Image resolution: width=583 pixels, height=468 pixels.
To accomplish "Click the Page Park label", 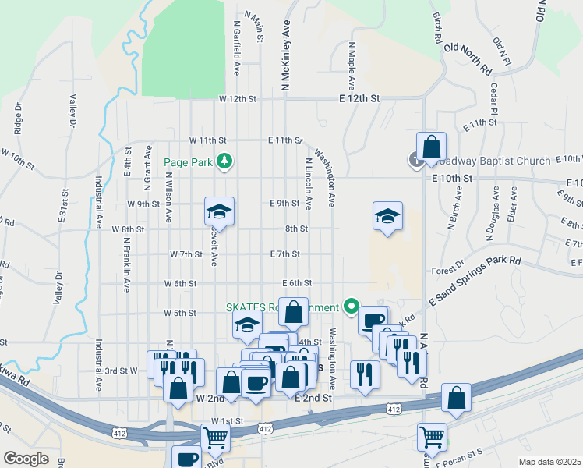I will [188, 162].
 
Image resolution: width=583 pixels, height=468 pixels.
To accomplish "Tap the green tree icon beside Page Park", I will [224, 161].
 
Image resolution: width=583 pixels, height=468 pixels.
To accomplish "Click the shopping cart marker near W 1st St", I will [214, 438].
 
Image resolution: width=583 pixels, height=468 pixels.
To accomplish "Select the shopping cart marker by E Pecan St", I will [431, 437].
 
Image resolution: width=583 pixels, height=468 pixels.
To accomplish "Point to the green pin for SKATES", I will [351, 306].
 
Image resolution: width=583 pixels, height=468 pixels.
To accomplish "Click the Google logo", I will [26, 458].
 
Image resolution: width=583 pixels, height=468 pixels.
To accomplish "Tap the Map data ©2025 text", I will [549, 462].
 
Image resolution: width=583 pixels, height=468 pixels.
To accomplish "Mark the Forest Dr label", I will [447, 272].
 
